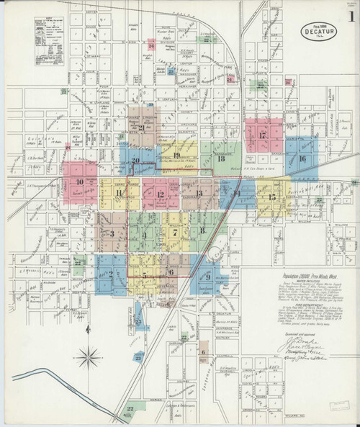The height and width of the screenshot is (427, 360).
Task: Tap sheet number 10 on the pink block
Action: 79,182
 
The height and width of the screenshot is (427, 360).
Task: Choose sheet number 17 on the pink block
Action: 264,135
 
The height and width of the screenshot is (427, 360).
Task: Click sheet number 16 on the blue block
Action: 303,158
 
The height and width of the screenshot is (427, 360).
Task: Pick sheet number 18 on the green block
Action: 221,158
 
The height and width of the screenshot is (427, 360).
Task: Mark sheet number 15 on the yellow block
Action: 271,197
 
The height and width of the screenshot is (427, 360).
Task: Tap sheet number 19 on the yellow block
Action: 176,156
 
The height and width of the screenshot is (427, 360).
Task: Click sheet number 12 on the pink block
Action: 161,195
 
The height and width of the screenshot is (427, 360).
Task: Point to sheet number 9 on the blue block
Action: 207,277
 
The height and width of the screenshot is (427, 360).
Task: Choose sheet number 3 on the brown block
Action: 112,233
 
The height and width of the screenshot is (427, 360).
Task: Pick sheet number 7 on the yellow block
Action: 174,233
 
